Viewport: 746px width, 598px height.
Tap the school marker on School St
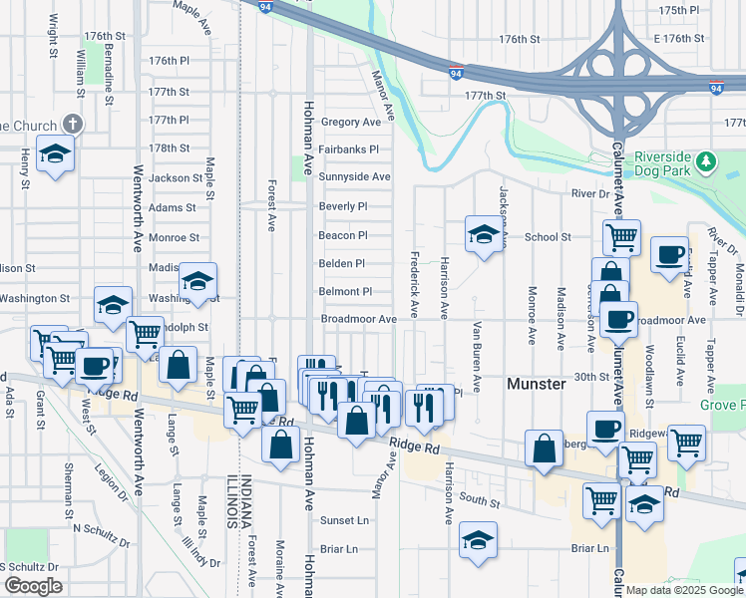[x=483, y=235]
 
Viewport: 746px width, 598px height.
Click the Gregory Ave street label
[x=351, y=122]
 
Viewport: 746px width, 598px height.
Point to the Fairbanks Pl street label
[x=349, y=149]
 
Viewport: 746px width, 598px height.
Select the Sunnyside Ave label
[x=354, y=176]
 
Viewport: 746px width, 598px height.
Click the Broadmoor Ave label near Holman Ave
[x=359, y=319]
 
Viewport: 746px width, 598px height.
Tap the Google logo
[x=34, y=585]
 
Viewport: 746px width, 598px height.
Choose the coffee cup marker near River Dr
[x=670, y=254]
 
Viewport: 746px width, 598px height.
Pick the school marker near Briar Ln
[x=479, y=539]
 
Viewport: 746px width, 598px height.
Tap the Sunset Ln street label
[x=344, y=520]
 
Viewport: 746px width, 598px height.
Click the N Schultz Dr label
[x=99, y=543]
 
